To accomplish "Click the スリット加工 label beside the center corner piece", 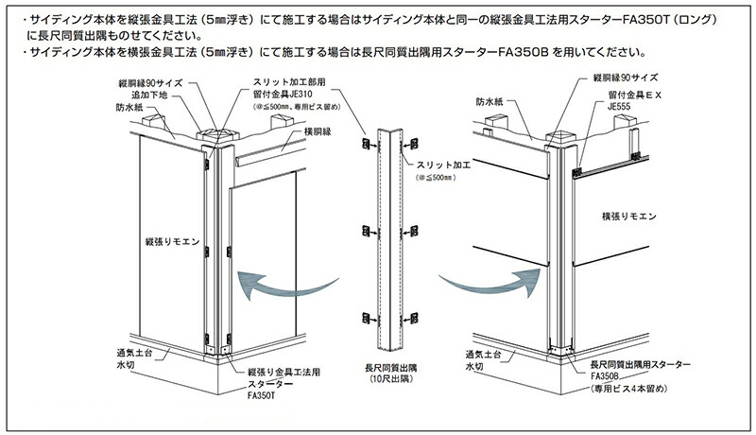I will tap(442, 165).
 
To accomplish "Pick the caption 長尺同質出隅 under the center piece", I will tap(390, 367).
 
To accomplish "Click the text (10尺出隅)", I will tap(390, 379).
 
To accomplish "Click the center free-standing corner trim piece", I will tap(387, 236).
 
